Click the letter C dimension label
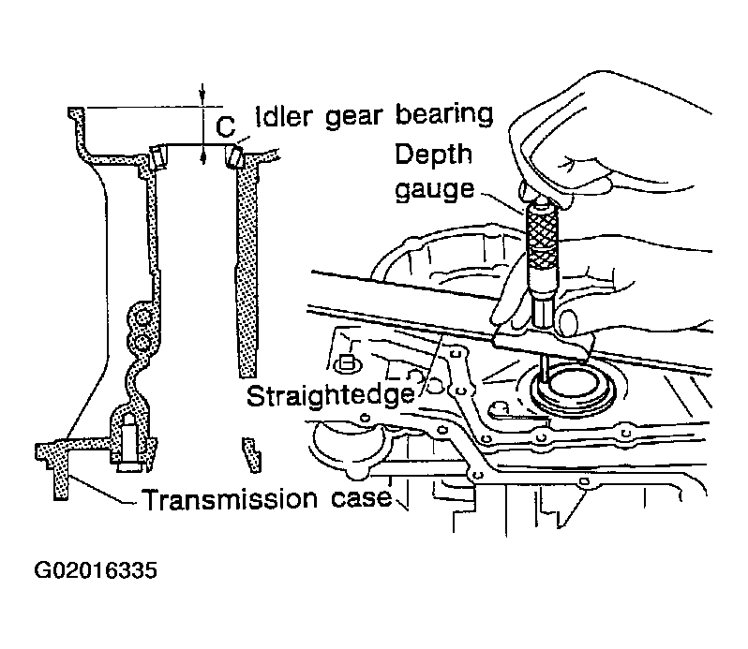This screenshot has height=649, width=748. point(225,126)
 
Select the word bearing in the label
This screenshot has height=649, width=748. point(444,116)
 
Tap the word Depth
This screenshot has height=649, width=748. point(433,155)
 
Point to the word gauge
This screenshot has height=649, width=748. point(435,190)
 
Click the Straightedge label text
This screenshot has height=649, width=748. point(331,395)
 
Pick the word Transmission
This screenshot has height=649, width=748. point(230,499)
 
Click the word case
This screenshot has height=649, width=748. point(362,498)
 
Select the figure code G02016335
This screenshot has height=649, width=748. point(96,570)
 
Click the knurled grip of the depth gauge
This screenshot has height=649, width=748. point(542,233)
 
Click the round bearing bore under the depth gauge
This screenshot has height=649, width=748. point(573,386)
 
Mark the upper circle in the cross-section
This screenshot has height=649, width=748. point(142,317)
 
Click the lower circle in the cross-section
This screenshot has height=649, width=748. point(142,342)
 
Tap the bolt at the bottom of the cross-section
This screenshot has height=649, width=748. point(128,443)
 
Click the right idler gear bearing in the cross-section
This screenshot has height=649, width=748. point(234,156)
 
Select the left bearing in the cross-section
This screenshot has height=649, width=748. point(157,156)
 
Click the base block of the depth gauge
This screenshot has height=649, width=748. point(543,343)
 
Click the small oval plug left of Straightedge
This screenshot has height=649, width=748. point(346,364)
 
